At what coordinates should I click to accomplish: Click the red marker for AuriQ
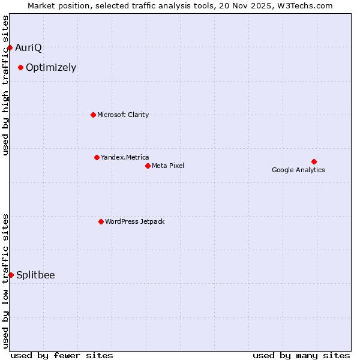point(10,47)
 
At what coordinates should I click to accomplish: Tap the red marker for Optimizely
point(20,67)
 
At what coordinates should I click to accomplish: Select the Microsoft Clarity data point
point(93,115)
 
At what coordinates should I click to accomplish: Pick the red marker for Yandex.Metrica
point(97,157)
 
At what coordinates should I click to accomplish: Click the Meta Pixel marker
point(148,166)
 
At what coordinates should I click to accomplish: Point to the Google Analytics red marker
point(314,161)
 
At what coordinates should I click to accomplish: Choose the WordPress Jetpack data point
point(101,221)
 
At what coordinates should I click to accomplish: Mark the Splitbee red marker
point(11,275)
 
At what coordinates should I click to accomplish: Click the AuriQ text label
point(28,47)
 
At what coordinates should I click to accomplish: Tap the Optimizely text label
point(51,67)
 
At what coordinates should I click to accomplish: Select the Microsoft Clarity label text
point(123,115)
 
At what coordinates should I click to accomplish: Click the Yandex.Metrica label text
point(125,157)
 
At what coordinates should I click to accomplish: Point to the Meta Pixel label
point(168,166)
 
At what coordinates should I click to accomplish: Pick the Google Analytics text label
point(298,170)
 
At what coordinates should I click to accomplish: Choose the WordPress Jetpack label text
point(134,221)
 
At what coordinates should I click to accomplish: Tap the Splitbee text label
point(35,275)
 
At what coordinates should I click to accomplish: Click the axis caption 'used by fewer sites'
point(62,355)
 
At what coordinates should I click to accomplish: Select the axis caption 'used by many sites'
point(301,355)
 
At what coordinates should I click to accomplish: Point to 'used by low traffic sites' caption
point(5,281)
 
